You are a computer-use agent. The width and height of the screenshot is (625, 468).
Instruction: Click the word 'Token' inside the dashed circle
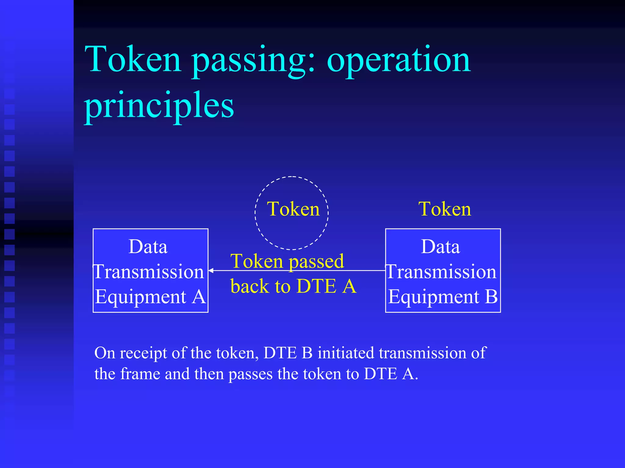tap(293, 209)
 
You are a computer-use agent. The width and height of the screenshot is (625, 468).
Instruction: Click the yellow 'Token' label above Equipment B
tap(445, 209)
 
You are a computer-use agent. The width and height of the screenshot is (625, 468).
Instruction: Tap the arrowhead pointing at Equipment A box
tap(211, 270)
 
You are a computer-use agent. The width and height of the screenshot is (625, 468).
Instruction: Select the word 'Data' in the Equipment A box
tap(148, 247)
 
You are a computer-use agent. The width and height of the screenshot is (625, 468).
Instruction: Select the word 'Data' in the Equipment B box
tap(440, 247)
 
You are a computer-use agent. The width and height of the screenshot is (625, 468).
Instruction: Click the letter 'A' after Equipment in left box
tap(199, 297)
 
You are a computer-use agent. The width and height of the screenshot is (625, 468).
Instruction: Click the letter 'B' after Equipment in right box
tap(491, 297)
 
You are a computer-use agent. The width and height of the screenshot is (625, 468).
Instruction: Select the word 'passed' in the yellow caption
tap(316, 262)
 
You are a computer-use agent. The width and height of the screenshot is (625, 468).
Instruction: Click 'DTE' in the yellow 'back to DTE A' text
tap(316, 286)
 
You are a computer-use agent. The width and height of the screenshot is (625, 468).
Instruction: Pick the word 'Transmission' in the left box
tap(149, 272)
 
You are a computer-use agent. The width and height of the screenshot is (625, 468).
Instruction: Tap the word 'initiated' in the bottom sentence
tap(346, 353)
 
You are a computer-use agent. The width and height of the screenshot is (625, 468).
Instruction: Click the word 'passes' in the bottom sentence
tap(250, 374)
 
